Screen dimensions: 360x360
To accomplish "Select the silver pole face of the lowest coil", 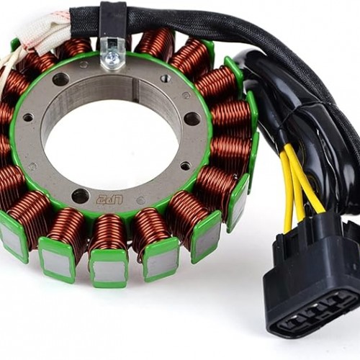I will (109, 269).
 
